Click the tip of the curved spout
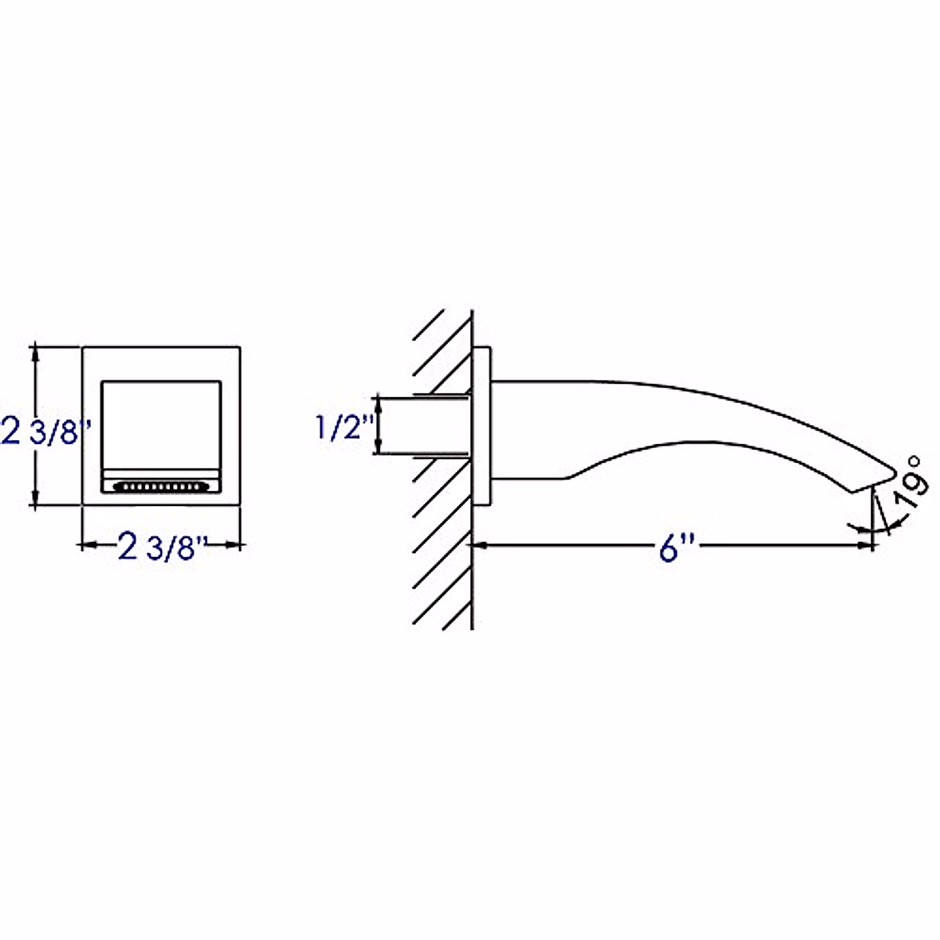(897, 472)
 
